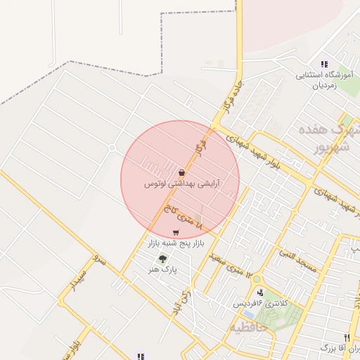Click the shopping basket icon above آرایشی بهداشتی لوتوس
point(181,172)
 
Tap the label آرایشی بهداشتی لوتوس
point(182,184)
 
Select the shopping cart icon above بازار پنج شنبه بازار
point(175,233)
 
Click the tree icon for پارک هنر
point(163,258)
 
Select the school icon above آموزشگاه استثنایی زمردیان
point(324,64)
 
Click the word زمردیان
point(324,84)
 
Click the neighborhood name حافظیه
point(247,328)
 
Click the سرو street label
point(100,263)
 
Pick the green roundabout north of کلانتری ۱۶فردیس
point(257,279)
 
